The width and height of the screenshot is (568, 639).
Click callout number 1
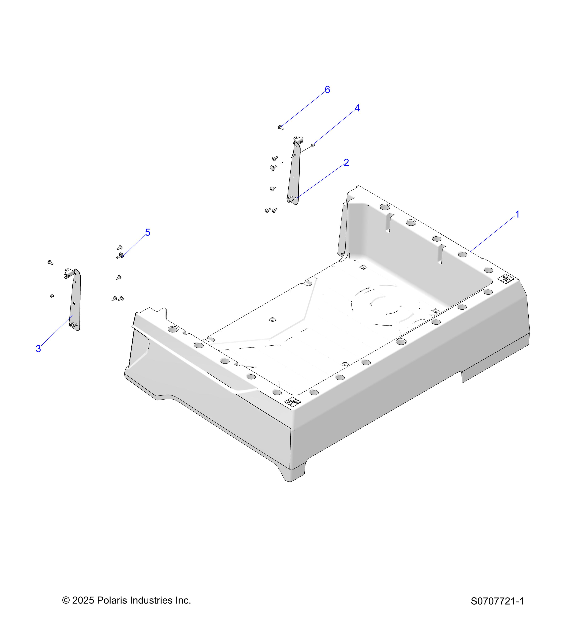[517, 214]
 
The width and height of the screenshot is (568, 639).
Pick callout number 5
[148, 232]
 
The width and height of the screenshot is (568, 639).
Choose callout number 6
[327, 90]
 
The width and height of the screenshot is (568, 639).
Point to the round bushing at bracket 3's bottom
[73, 325]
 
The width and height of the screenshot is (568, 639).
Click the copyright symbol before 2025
[66, 600]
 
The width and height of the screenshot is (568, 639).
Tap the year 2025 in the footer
[83, 600]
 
